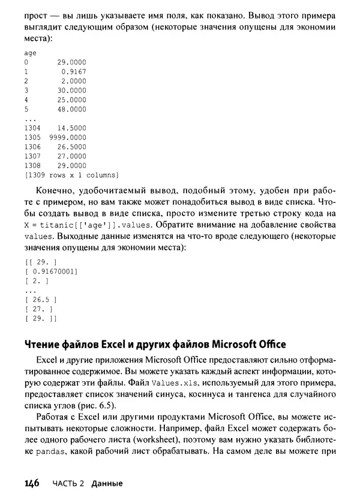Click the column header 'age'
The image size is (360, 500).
(29, 53)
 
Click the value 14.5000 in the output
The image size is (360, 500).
(71, 128)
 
